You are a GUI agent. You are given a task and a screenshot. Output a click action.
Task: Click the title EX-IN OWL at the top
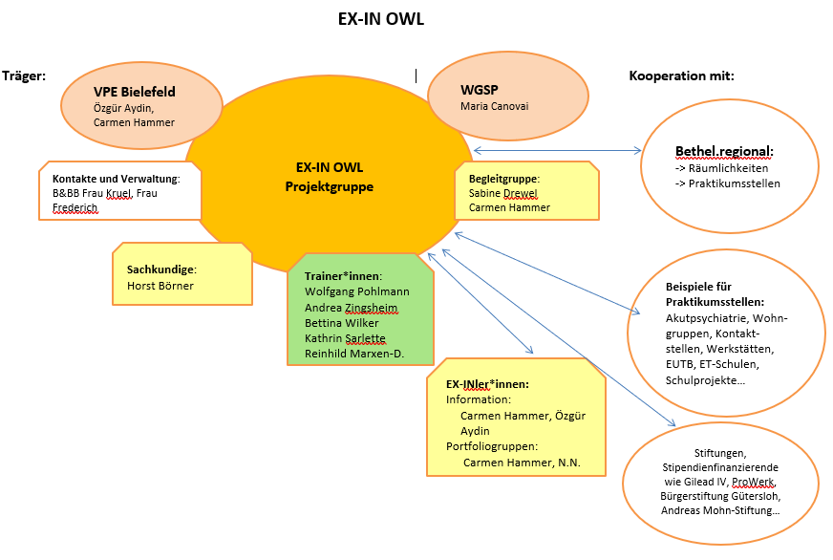[x=381, y=19]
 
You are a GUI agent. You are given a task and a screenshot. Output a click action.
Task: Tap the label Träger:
[x=25, y=75]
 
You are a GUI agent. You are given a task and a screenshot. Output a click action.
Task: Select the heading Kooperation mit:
[x=681, y=75]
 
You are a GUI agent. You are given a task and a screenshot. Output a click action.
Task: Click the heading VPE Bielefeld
[x=135, y=92]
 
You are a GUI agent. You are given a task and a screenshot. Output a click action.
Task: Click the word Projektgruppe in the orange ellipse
[x=330, y=186]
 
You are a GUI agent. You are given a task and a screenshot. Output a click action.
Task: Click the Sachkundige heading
[x=161, y=269]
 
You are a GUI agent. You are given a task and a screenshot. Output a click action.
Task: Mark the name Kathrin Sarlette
[x=346, y=338]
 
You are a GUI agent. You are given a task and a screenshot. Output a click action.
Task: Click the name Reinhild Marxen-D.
[x=354, y=355]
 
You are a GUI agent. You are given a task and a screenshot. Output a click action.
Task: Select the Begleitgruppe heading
[x=504, y=178]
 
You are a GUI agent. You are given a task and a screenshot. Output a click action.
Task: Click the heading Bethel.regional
[x=723, y=151]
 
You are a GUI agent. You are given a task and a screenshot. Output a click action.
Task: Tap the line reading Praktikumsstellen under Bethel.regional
[x=733, y=183]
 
